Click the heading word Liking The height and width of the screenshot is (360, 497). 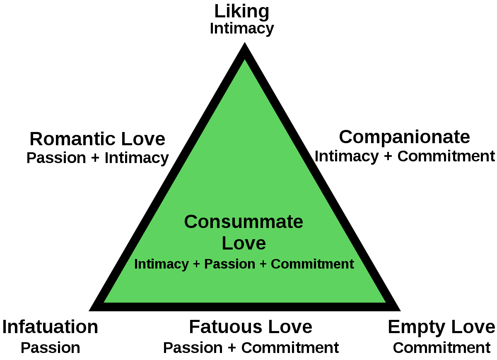click(241, 12)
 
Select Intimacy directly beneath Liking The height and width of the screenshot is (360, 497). click(242, 29)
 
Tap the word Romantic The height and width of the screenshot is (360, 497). click(72, 139)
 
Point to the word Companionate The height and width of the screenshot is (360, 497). click(405, 137)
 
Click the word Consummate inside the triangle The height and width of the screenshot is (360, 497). click(244, 222)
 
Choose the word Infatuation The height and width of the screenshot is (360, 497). click(50, 327)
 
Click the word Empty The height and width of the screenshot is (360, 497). click(416, 328)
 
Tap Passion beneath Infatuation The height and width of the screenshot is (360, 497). click(51, 348)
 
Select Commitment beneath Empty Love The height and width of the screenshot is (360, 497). click(442, 348)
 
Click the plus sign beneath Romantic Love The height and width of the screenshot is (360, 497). click(95, 158)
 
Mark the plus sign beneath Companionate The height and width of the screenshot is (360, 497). click(388, 156)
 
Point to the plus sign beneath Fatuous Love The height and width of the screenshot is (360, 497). click(232, 348)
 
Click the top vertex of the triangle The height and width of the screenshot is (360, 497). click(244, 42)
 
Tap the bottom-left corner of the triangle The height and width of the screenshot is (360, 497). click(89, 311)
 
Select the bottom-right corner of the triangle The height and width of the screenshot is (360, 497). click(400, 311)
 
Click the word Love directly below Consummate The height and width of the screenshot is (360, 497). click(244, 243)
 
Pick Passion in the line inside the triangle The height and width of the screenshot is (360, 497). click(229, 264)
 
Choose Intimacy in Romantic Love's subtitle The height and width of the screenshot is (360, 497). click(137, 158)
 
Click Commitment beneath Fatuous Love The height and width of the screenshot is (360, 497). click(290, 348)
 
